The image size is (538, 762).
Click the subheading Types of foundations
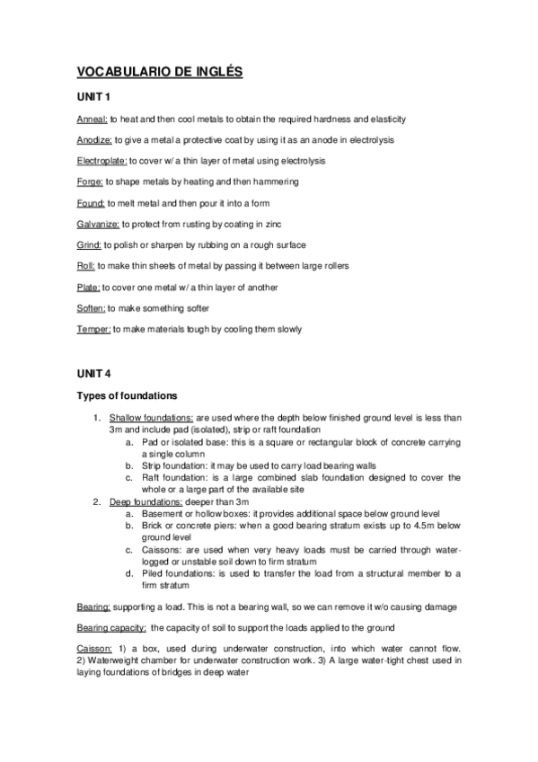pos(135,395)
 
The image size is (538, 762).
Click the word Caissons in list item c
pos(155,548)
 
